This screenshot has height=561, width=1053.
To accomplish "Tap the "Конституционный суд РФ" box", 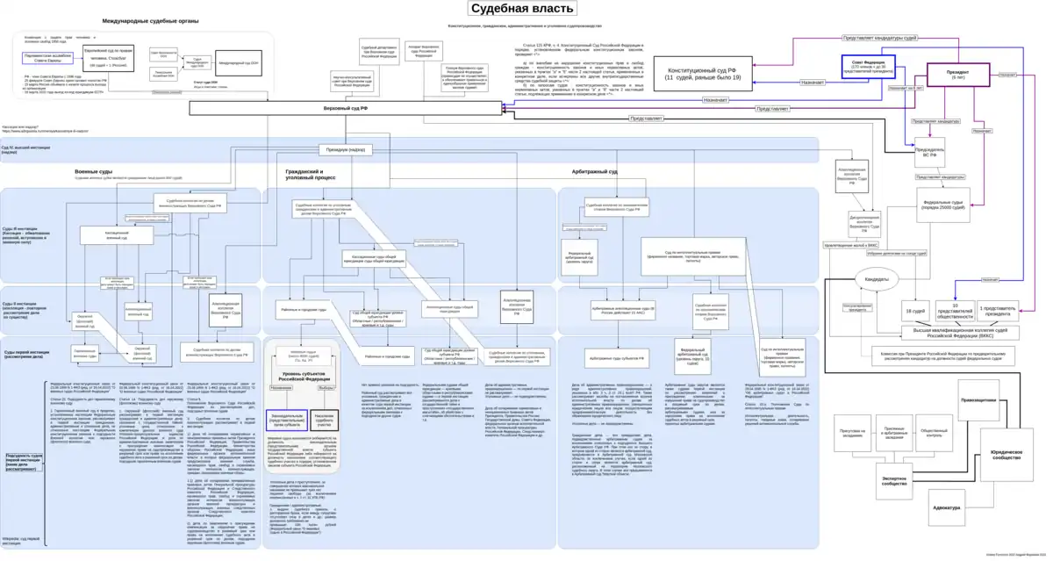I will pos(702,74).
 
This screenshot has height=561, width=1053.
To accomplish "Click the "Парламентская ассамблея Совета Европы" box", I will pos(49,57).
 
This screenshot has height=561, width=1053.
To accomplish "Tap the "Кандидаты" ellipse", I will pos(877,280).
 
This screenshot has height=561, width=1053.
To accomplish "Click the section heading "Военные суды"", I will pos(93,171).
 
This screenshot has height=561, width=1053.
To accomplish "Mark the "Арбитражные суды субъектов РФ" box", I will pos(617,358).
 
